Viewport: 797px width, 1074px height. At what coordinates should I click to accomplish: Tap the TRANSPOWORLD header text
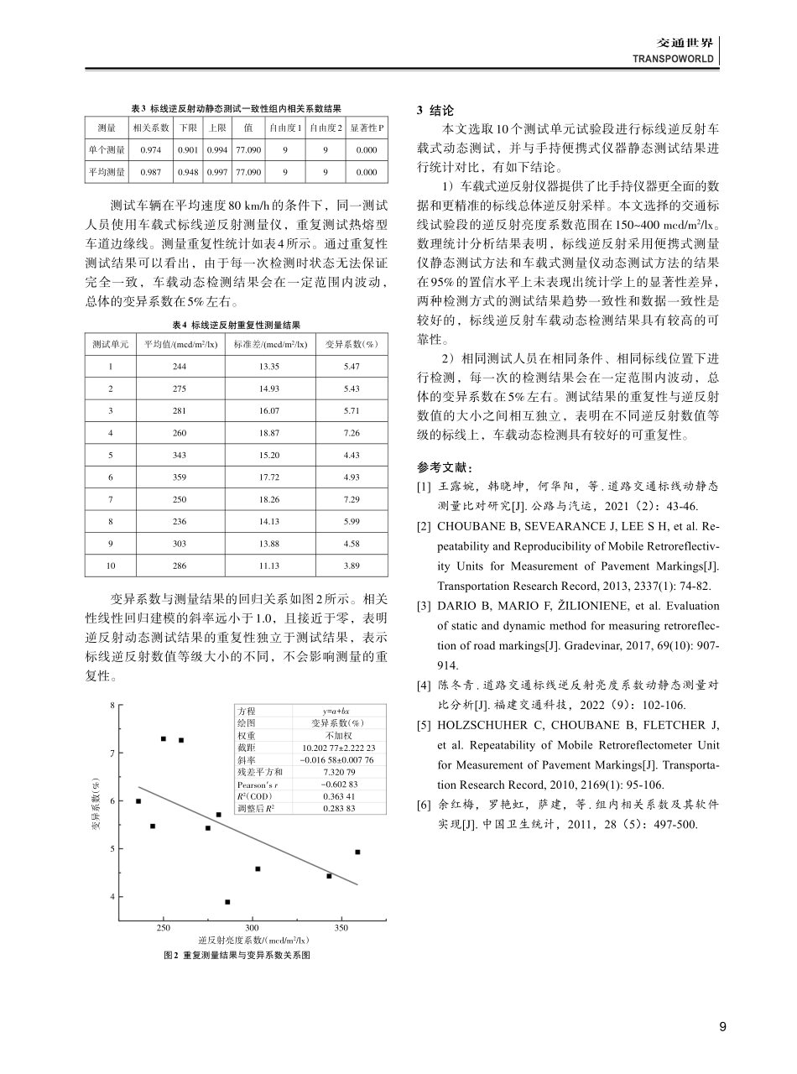tap(674, 60)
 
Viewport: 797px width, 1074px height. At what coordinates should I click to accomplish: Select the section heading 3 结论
tap(435, 110)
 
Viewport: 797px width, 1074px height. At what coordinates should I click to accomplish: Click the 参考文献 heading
tap(445, 467)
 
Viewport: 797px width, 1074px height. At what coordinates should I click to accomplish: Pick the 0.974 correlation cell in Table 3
tap(151, 149)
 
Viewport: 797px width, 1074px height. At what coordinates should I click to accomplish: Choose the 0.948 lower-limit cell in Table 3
tap(187, 171)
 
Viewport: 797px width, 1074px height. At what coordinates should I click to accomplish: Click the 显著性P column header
tap(366, 128)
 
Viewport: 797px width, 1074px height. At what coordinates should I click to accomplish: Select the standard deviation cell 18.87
tap(270, 433)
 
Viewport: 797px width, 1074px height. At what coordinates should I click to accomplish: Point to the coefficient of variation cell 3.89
tap(352, 565)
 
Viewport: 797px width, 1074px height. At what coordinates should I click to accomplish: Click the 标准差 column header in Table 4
tap(270, 345)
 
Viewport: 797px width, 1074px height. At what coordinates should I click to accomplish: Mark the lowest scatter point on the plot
tap(227, 902)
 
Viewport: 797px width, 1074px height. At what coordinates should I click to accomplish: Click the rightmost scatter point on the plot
tap(357, 852)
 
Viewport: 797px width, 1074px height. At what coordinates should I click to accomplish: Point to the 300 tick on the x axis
tap(252, 928)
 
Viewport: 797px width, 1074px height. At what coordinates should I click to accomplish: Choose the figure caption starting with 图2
tap(237, 956)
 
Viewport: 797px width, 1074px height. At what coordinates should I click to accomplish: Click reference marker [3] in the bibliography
tap(424, 605)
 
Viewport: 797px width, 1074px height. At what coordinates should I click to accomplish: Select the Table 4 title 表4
tap(236, 324)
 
